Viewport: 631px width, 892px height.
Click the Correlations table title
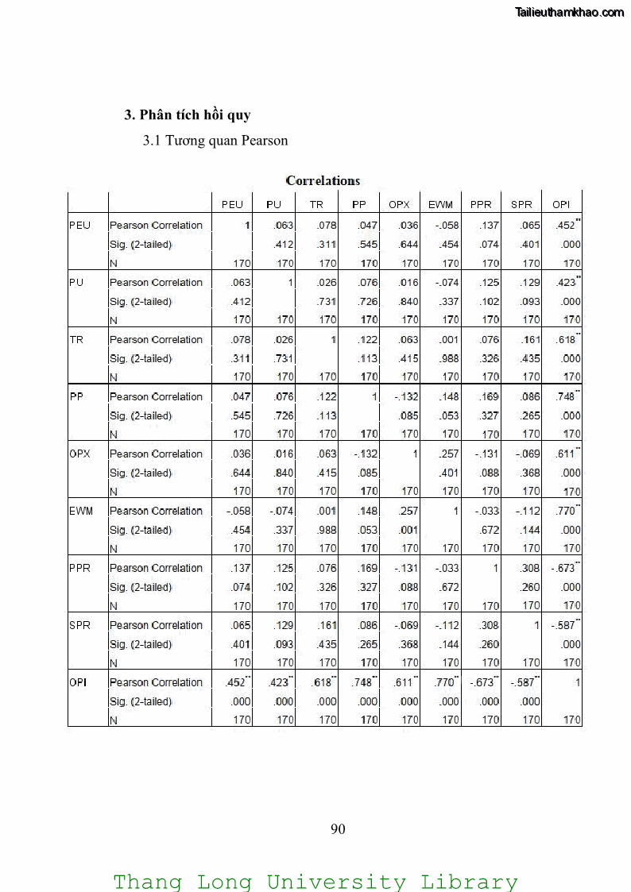pyautogui.click(x=323, y=180)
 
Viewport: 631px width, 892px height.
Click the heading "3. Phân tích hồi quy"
pyautogui.click(x=188, y=114)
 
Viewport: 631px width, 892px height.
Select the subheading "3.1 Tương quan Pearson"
pyautogui.click(x=215, y=141)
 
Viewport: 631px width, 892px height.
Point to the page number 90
pyautogui.click(x=338, y=829)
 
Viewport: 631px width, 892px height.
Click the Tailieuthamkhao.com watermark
pyautogui.click(x=570, y=12)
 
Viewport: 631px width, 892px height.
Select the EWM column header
pyautogui.click(x=440, y=204)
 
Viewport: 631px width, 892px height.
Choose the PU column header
pyautogui.click(x=274, y=204)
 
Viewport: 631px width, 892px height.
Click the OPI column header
pyautogui.click(x=561, y=204)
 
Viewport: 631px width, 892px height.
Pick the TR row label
pyautogui.click(x=76, y=339)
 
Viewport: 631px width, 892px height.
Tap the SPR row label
pyautogui.click(x=79, y=625)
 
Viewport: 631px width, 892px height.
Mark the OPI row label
pyautogui.click(x=78, y=682)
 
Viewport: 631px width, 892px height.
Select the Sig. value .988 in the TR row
pyautogui.click(x=449, y=358)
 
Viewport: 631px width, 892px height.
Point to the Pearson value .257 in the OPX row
pyautogui.click(x=449, y=454)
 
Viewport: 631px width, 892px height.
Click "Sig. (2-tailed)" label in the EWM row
pyautogui.click(x=141, y=530)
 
